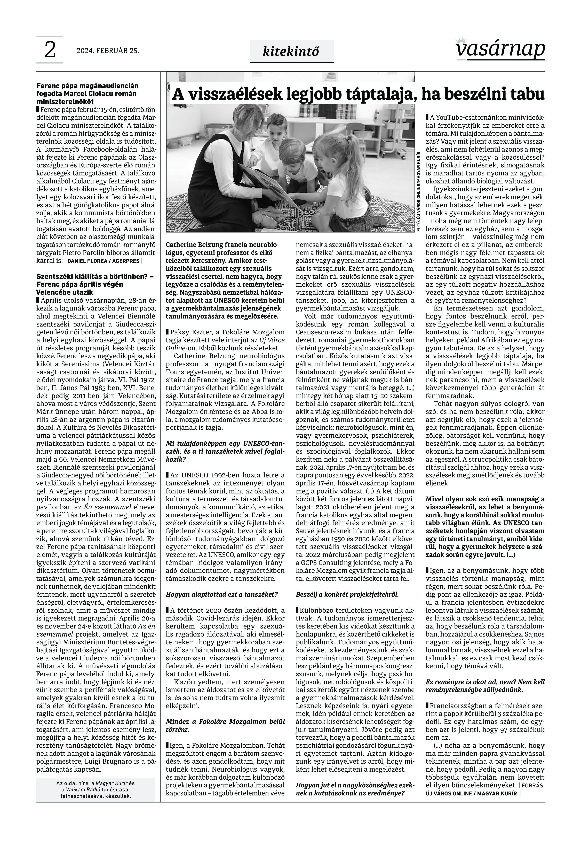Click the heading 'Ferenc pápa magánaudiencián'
point(87,86)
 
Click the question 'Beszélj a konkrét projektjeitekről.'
point(348,594)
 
